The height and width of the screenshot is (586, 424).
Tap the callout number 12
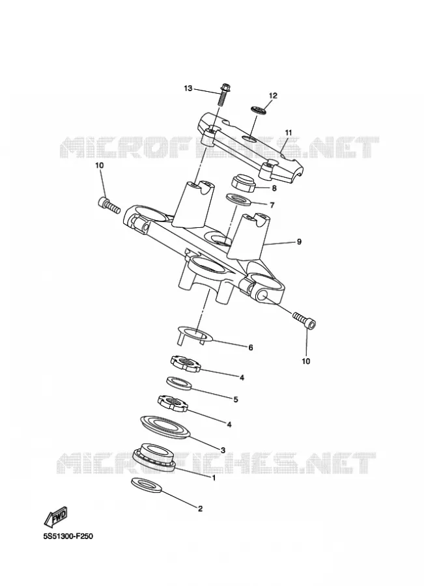pos(273,96)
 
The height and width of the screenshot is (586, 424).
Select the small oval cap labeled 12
pos(258,110)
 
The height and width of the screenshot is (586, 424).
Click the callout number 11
pos(289,133)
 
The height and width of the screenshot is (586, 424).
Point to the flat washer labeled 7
pos(238,199)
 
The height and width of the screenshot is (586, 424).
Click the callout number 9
pos(299,242)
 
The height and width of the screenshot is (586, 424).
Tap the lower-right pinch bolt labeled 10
pos(304,320)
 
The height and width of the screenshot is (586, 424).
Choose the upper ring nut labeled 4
pos(185,363)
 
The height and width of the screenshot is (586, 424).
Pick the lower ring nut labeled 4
pos(172,404)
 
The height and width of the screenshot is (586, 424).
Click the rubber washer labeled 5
pos(179,384)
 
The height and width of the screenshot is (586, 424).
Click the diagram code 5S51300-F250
pos(68,537)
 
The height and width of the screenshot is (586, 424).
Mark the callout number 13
pos(188,89)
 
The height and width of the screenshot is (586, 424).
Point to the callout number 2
pos(200,509)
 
